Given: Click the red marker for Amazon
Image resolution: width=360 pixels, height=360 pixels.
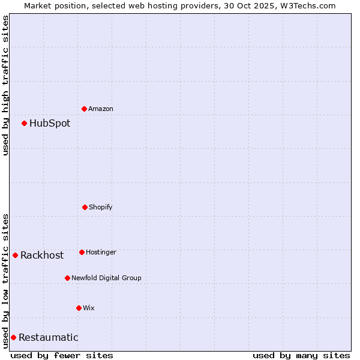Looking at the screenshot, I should [84, 109].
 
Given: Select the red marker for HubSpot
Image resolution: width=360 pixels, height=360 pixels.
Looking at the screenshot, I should [24, 124].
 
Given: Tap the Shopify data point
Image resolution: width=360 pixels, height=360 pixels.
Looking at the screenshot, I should [85, 207].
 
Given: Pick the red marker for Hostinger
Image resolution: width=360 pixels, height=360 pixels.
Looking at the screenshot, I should [82, 252].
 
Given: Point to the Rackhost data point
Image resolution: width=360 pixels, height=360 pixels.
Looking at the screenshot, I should [15, 255].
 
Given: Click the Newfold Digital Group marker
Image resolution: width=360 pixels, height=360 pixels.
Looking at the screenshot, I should [67, 278].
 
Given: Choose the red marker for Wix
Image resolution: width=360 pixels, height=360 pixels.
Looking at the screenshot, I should [79, 308].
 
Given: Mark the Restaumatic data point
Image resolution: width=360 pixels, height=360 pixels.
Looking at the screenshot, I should [13, 337].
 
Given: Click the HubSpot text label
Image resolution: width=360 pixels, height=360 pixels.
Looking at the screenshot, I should [50, 124].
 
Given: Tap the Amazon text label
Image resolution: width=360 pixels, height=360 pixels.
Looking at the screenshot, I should [101, 109].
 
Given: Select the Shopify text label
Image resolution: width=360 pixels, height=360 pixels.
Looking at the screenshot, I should [101, 207].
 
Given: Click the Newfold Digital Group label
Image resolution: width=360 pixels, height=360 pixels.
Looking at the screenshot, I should [107, 278].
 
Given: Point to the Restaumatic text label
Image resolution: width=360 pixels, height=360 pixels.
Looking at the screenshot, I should [49, 337].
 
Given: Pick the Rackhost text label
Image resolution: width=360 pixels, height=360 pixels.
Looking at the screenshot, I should [42, 255].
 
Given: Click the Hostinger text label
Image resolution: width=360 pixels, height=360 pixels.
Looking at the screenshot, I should [101, 252].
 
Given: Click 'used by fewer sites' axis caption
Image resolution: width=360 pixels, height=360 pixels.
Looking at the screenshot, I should [62, 355].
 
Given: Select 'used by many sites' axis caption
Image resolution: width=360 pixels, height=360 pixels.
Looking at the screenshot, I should [301, 355].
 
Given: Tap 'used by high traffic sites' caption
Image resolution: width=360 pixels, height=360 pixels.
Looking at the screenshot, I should [5, 85].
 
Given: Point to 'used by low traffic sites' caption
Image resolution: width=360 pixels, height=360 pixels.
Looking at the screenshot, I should [5, 281].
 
